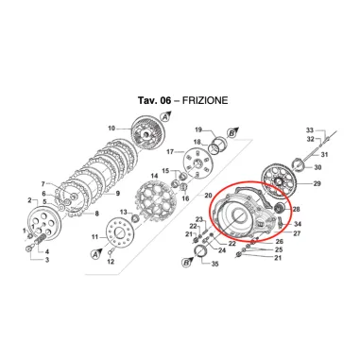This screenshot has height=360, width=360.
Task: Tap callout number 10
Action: point(111,129)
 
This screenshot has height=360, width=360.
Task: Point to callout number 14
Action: point(154,176)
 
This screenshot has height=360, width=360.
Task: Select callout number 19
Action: point(199,129)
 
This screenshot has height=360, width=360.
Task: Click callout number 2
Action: point(31,199)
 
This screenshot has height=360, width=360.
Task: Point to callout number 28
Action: point(297,209)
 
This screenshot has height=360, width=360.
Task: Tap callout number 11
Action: point(94,236)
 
